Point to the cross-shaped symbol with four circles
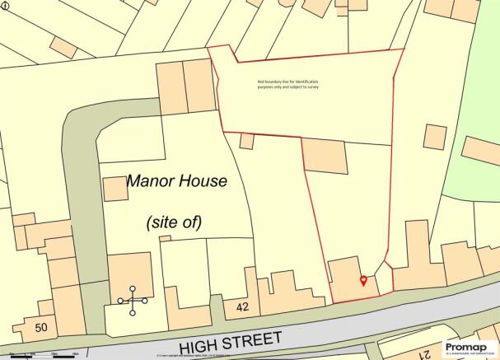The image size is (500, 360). [133, 301]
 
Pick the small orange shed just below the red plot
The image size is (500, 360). [246, 142]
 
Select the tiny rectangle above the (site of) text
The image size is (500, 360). [165, 238]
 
